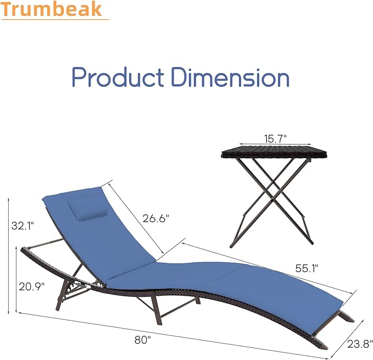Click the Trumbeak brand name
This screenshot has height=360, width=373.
pyautogui.click(x=54, y=9)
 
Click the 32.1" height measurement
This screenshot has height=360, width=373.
pyautogui.click(x=23, y=225)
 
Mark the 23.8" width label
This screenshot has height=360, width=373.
pyautogui.click(x=358, y=345)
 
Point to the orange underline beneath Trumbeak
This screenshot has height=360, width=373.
pyautogui.click(x=54, y=19)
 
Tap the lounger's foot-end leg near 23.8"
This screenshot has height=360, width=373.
pyautogui.click(x=345, y=317)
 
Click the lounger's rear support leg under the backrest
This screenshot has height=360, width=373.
pyautogui.click(x=71, y=286)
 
